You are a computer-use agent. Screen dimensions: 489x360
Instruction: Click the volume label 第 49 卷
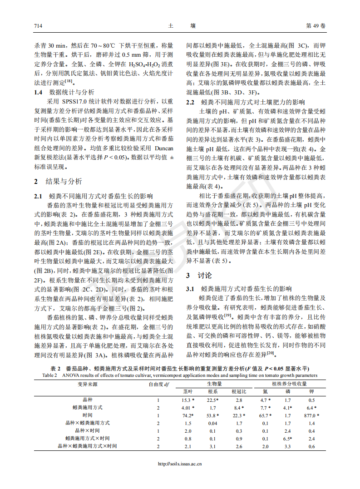coord(316,26)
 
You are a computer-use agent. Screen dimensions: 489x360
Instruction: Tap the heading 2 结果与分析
coord(59,182)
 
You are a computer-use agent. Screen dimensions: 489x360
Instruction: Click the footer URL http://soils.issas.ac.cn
coord(179,464)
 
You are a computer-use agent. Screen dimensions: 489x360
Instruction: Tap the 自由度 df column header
coord(159,384)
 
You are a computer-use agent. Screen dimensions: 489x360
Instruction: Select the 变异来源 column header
coord(88,384)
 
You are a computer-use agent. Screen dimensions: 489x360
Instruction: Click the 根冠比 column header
coord(239,391)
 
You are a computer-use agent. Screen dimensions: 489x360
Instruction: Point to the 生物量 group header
coord(214,384)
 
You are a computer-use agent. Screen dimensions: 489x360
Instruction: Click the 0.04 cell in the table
coord(212,423)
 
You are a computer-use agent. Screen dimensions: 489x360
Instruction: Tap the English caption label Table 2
coord(49,375)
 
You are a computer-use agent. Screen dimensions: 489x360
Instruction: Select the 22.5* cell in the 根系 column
coord(213,400)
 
